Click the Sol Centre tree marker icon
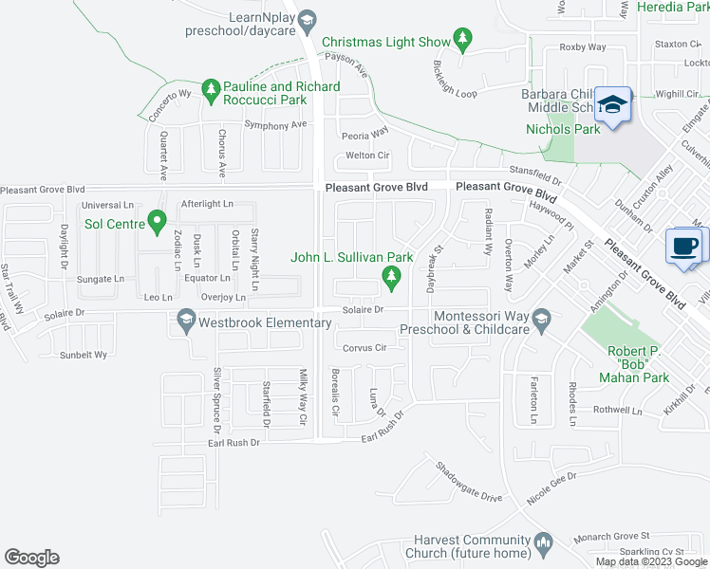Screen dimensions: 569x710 point(159,224)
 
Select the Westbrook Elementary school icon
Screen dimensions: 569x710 point(184,323)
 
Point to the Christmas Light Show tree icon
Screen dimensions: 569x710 point(462,40)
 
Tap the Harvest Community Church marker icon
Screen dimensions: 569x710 point(542,542)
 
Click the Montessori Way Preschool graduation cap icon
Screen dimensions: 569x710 point(542,319)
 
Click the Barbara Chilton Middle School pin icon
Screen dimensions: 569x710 point(613,104)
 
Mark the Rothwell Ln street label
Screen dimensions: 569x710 point(618,412)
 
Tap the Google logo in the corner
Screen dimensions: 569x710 point(31,558)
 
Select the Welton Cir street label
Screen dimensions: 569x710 point(368,156)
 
